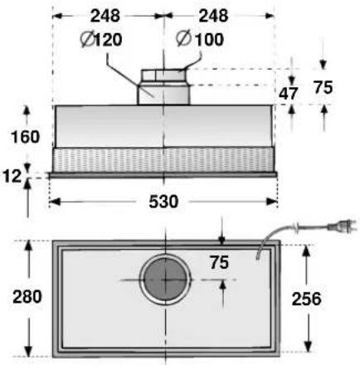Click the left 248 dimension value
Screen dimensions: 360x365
click(x=105, y=16)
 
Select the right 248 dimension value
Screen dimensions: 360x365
click(x=213, y=16)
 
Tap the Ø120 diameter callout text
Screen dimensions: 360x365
click(x=101, y=40)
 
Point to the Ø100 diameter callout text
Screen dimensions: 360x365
click(x=200, y=39)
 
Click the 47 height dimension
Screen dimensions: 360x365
click(x=288, y=94)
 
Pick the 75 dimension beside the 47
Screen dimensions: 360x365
click(x=323, y=87)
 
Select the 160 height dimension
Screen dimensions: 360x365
click(x=26, y=137)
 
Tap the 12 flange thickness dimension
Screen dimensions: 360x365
click(x=12, y=176)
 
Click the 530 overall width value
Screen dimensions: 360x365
click(x=163, y=202)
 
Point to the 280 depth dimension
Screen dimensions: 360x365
click(x=27, y=297)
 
